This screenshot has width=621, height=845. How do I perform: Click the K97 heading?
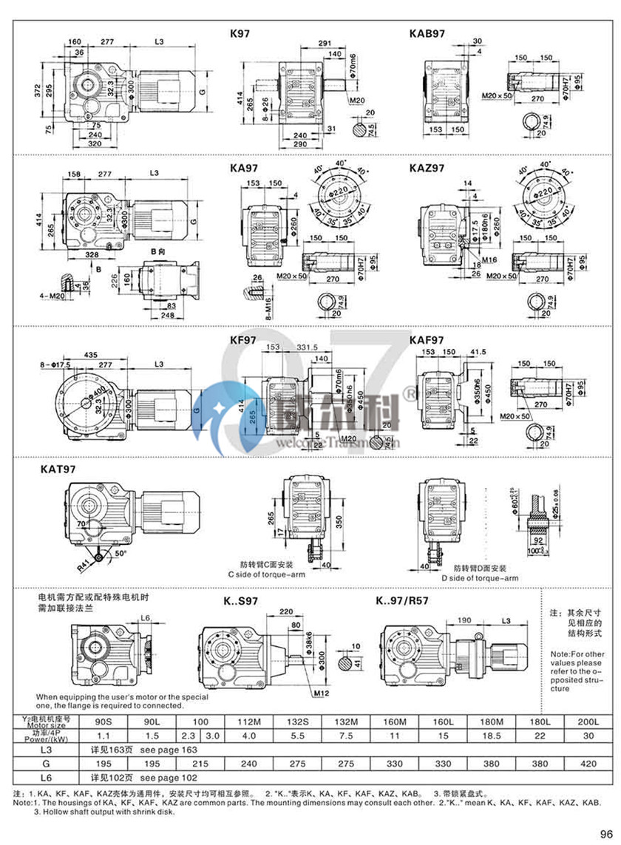click(242, 33)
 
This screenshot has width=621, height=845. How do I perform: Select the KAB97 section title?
click(427, 33)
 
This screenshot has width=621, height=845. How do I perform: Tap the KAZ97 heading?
click(427, 168)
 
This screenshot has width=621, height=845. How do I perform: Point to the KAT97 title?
click(49, 469)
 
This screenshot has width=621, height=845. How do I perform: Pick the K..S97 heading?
click(241, 601)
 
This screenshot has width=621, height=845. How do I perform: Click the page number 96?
click(607, 830)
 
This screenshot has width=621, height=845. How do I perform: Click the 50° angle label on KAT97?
click(121, 552)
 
